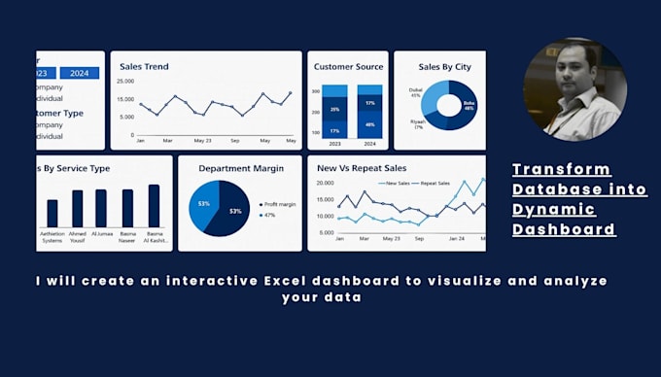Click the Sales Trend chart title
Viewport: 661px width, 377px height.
pyautogui.click(x=144, y=67)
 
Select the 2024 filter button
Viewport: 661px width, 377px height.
pyautogui.click(x=79, y=73)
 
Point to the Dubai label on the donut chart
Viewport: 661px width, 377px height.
pyautogui.click(x=415, y=94)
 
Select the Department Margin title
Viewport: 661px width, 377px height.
pyautogui.click(x=241, y=168)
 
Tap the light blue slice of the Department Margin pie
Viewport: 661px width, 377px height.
pyautogui.click(x=203, y=202)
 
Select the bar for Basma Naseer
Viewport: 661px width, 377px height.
pyautogui.click(x=127, y=208)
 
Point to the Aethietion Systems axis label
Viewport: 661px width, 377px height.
pyautogui.click(x=52, y=239)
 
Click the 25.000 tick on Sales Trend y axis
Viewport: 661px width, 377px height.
pyautogui.click(x=126, y=82)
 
